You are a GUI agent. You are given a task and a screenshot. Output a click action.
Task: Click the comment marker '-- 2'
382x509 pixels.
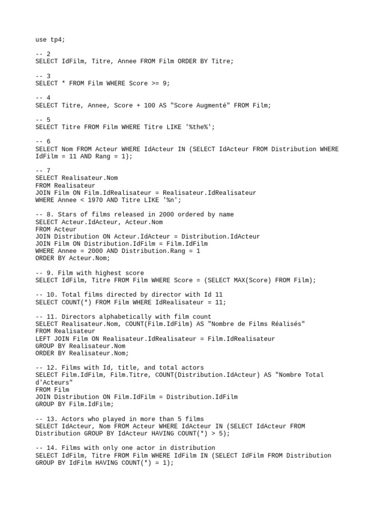tap(43, 54)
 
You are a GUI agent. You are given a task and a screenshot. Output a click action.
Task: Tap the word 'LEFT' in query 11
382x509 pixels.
tap(43, 339)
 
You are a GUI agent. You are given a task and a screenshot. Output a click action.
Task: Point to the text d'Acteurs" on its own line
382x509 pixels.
tap(54, 382)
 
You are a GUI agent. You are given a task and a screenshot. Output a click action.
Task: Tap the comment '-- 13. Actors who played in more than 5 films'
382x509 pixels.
tap(119, 419)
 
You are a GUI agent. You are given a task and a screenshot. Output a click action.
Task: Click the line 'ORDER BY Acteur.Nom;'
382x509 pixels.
tap(73, 258)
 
